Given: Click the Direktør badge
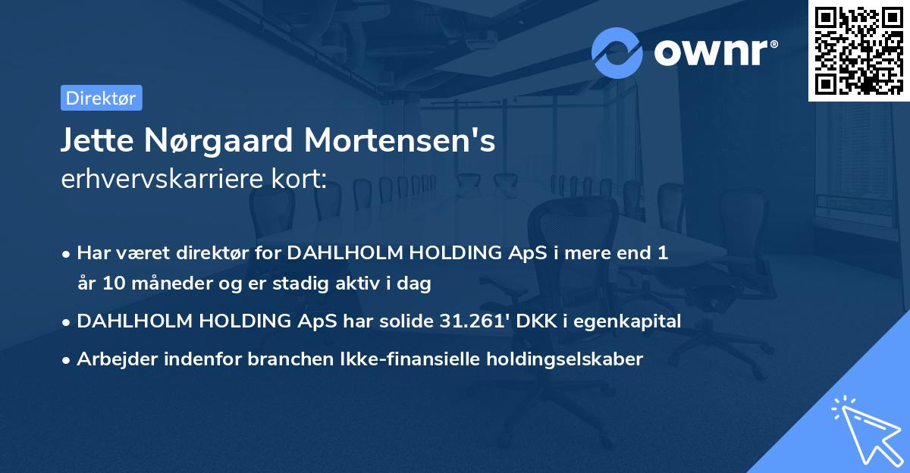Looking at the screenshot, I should click(x=101, y=98).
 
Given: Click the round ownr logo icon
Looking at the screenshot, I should click(x=617, y=52).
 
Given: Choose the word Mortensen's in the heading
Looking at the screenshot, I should click(x=402, y=141).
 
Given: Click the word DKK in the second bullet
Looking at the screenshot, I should click(x=538, y=321).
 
